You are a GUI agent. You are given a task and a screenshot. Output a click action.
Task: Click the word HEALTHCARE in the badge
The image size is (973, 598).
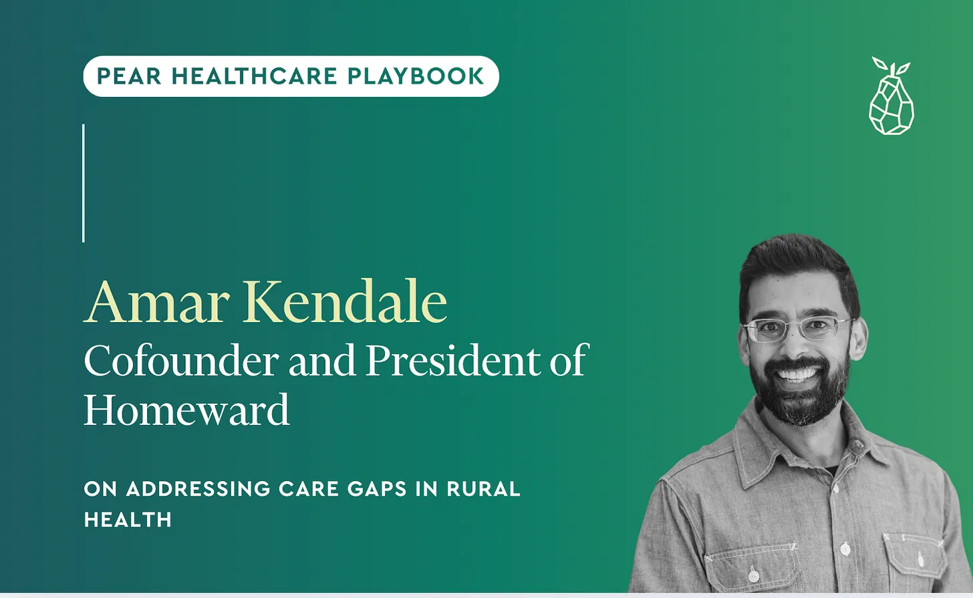pos(255,76)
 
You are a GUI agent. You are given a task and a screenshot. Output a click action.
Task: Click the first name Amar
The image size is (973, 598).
pos(157,302)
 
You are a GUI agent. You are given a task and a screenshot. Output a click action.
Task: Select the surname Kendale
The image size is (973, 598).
pos(345,302)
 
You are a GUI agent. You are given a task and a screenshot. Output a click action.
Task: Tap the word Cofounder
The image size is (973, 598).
pos(181,361)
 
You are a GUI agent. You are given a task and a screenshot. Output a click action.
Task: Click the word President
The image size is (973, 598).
pos(454,361)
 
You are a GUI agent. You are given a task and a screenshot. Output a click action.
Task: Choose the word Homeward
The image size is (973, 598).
pos(186,410)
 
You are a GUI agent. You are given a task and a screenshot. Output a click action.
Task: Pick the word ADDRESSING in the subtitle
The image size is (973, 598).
pos(198,489)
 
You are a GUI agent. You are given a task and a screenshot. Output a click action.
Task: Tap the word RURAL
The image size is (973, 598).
pos(483,489)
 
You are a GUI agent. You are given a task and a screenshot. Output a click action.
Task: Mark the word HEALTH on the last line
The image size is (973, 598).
pos(128,520)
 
